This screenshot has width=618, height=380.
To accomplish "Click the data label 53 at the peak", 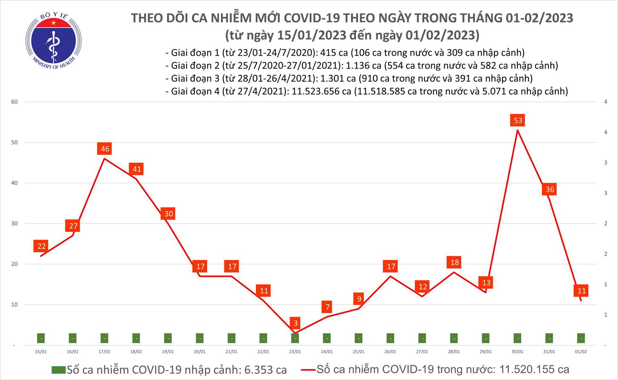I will click(518, 120).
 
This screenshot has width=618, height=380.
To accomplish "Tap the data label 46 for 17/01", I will click(105, 149).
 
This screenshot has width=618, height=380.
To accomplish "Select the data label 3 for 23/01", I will click(296, 323).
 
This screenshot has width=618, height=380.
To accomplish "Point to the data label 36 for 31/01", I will click(549, 189).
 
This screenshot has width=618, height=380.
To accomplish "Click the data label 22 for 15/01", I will click(41, 246).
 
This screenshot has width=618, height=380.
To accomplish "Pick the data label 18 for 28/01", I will click(454, 262).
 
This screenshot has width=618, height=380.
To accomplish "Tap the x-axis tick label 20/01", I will click(200, 352).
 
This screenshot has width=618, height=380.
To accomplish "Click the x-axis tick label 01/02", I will click(581, 352).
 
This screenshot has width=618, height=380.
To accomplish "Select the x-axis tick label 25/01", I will click(358, 352).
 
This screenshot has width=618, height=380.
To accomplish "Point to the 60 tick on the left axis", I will click(15, 102).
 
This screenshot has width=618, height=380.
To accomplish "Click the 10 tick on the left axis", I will click(15, 305).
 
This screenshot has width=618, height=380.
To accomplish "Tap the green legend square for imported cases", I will click(58, 370).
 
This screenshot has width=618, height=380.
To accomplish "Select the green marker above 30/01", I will click(517, 338).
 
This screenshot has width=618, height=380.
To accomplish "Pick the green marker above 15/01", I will click(41, 338).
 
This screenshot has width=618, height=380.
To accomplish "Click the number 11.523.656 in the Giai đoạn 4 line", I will click(315, 91).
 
